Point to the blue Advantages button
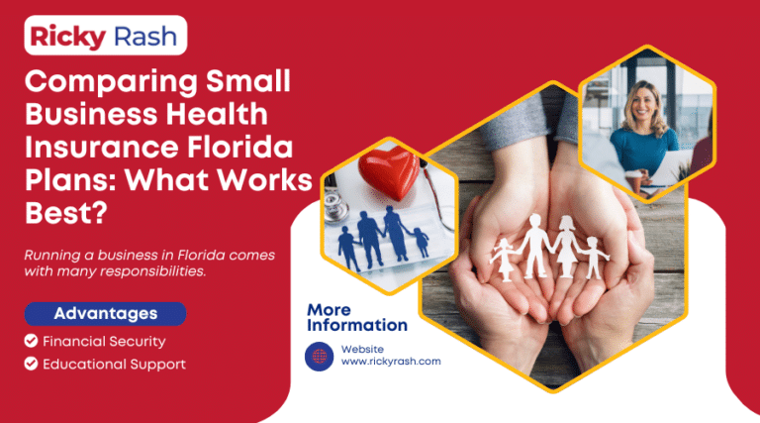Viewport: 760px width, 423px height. click(106, 314)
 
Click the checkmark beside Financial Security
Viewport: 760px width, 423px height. click(32, 341)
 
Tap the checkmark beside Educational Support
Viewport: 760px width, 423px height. click(32, 364)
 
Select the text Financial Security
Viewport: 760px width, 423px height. click(103, 341)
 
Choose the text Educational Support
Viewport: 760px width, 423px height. click(114, 364)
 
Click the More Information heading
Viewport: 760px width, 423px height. click(356, 317)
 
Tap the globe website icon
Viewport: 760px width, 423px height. click(320, 355)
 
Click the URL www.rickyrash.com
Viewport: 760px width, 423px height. click(390, 362)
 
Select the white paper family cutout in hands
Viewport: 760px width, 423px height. click(549, 247)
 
